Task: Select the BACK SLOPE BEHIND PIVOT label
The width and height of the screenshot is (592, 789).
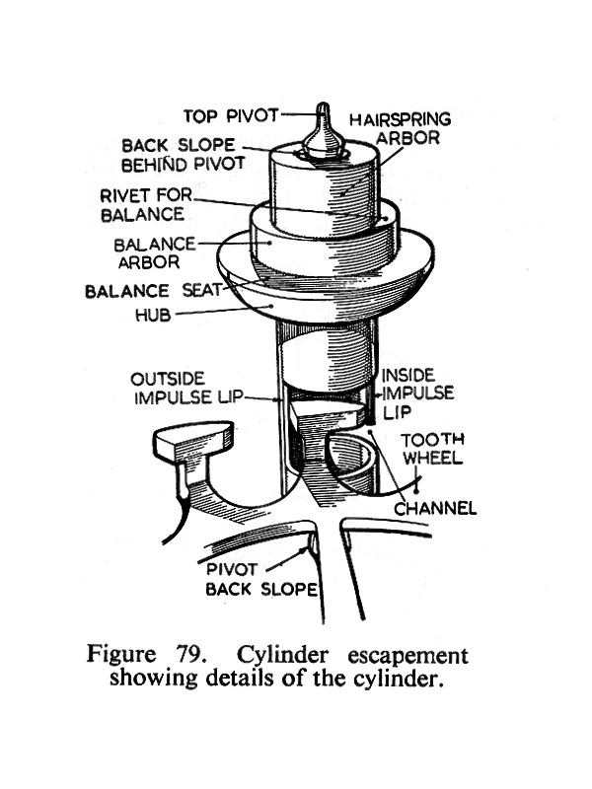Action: point(183,155)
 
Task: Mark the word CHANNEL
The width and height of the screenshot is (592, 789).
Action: point(435,509)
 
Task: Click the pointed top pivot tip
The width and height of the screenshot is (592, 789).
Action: point(321,109)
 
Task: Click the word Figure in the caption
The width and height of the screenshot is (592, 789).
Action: point(121,656)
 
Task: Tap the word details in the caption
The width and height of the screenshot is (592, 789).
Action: point(233,679)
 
